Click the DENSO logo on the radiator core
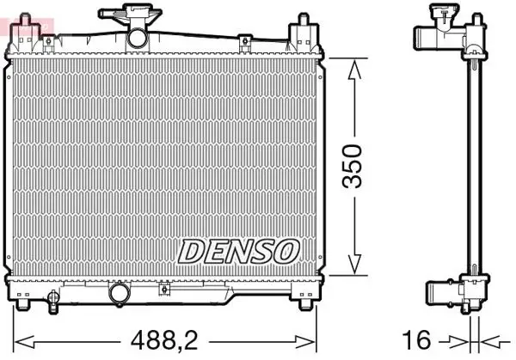click(x=239, y=252)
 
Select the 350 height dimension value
click(x=352, y=167)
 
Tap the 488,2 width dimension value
click(x=164, y=340)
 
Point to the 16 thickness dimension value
click(x=416, y=340)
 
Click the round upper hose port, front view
click(x=138, y=39)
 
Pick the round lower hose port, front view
click(x=120, y=294)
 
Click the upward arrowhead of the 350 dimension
click(x=354, y=70)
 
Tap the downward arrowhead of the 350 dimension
click(x=354, y=264)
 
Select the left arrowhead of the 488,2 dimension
click(x=24, y=342)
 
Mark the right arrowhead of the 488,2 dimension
click(x=304, y=342)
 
